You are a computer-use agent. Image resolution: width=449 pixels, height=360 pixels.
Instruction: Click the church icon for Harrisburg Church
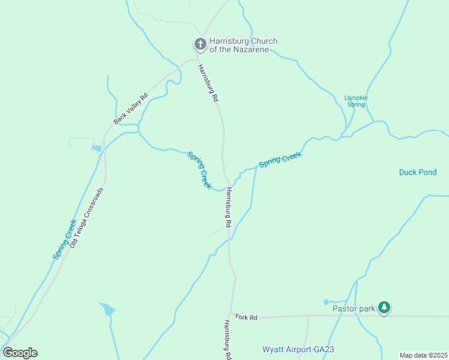(200, 44)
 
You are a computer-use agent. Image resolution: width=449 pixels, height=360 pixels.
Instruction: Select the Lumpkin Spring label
(355, 101)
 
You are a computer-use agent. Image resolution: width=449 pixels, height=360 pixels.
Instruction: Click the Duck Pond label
(418, 172)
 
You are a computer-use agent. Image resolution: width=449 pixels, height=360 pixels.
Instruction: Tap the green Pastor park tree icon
(384, 308)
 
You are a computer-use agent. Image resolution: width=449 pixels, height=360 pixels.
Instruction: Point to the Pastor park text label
(354, 309)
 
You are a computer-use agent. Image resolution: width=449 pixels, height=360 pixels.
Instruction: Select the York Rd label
(246, 317)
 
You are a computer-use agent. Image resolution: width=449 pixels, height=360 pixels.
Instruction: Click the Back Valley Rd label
(130, 109)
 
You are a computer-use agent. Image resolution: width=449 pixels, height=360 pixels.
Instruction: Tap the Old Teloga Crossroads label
(86, 218)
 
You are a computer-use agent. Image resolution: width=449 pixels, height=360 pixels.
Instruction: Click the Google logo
(20, 353)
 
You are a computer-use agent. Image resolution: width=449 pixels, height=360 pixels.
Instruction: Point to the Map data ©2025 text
(423, 355)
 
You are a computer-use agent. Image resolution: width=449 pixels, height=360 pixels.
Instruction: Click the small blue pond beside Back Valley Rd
(97, 148)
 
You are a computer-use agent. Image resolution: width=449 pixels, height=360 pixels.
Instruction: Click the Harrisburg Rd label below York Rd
(228, 340)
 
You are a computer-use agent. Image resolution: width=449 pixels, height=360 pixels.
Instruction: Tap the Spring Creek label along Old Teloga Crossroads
(64, 239)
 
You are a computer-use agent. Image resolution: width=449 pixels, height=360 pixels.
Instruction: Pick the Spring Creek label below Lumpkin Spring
(280, 160)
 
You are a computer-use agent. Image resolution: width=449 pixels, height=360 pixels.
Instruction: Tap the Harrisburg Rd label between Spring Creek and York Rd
(228, 207)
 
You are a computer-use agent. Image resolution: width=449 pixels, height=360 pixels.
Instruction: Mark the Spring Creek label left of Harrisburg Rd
(199, 170)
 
